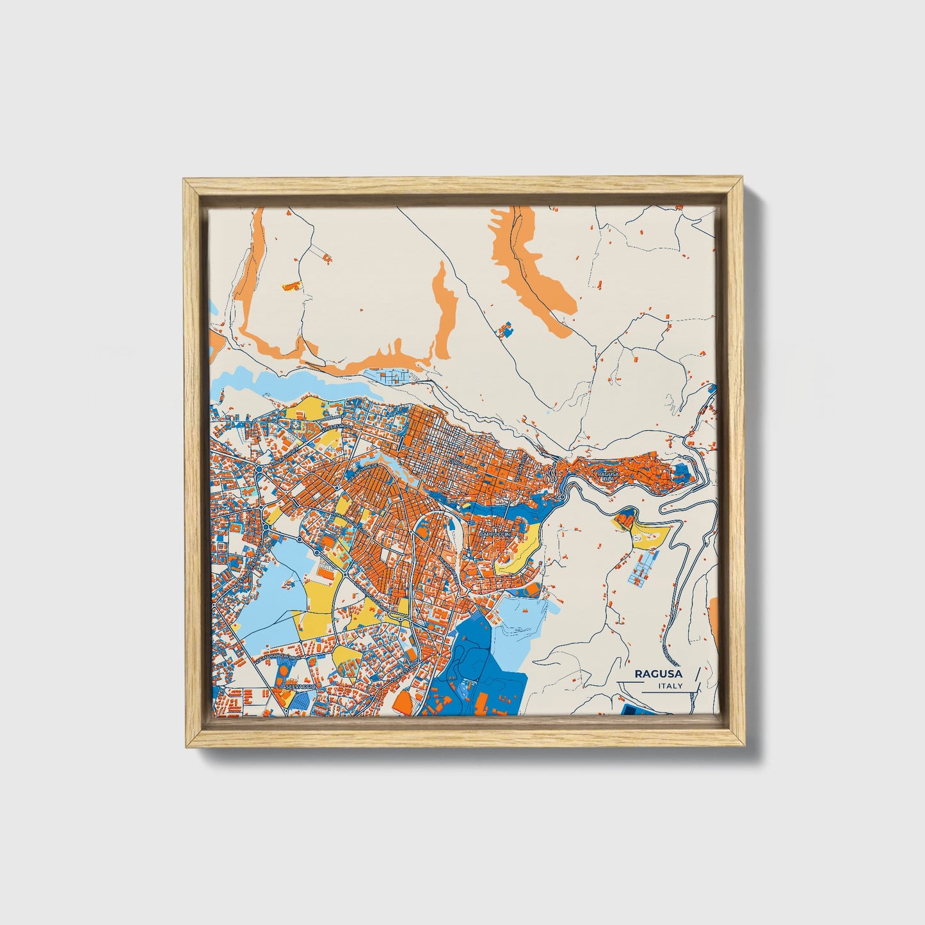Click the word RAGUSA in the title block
pos(658,674)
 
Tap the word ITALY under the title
pos(670,686)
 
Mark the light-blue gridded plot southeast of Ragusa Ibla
pos(642,568)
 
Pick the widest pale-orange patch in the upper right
pos(536,269)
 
